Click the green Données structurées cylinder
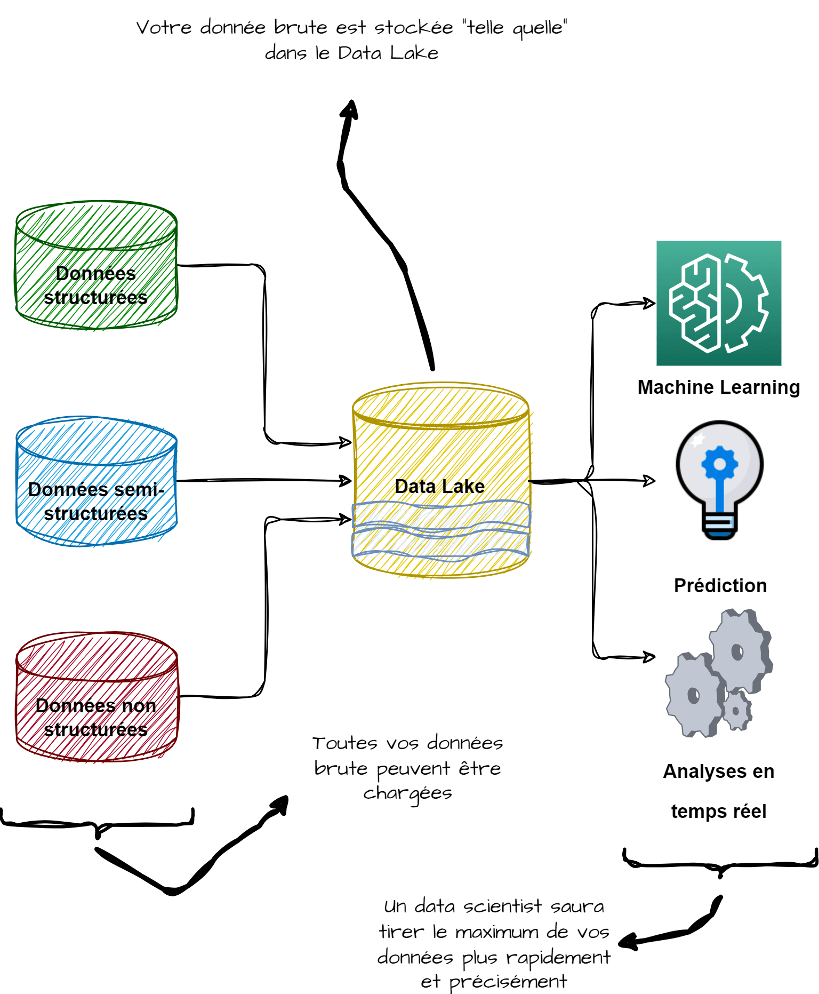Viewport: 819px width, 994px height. (96, 265)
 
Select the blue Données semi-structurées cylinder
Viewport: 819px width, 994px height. (96, 481)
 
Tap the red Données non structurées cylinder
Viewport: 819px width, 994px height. (96, 697)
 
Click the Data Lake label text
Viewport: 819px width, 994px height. (439, 487)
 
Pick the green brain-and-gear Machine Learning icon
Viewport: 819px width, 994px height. (718, 303)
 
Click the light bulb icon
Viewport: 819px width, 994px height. (719, 479)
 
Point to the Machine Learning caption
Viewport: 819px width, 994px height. (718, 387)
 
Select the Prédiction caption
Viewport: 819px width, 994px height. (720, 586)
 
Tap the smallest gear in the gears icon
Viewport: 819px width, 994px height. (737, 710)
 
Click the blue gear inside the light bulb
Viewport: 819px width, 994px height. (719, 464)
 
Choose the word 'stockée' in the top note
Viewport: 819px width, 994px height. (413, 27)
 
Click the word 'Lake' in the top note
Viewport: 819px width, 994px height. (414, 53)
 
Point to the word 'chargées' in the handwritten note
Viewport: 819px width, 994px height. (407, 794)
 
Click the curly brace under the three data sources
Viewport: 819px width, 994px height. (97, 824)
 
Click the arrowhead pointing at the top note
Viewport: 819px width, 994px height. (350, 108)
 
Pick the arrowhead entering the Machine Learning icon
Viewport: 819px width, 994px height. (649, 303)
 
